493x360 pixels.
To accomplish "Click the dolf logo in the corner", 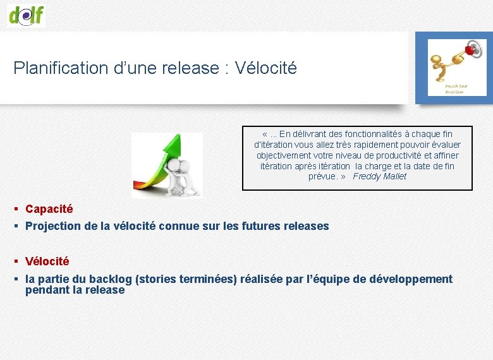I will click(26, 15).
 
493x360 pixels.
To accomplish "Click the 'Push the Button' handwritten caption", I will click(454, 88).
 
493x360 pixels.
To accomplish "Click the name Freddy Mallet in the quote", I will click(379, 177).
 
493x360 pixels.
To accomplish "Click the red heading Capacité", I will click(49, 209).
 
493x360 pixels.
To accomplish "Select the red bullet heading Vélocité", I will click(47, 261).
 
